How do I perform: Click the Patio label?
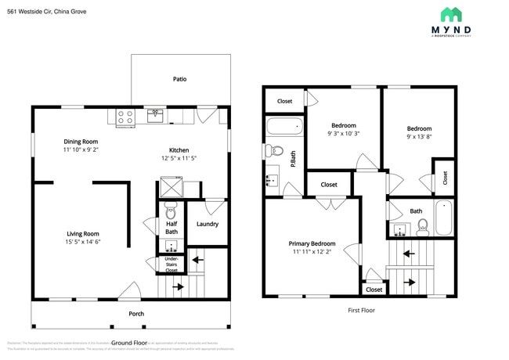click(179, 79)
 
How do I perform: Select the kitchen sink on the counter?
click(155, 117)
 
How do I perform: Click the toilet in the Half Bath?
click(171, 211)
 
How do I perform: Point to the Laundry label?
click(208, 225)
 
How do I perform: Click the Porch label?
click(136, 314)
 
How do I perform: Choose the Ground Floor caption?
click(129, 343)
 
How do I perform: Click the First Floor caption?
click(361, 310)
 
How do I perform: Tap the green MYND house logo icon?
click(450, 14)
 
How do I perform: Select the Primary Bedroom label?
click(312, 243)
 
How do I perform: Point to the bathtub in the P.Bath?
click(283, 126)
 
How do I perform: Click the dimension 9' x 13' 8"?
click(418, 137)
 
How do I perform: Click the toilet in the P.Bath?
click(273, 150)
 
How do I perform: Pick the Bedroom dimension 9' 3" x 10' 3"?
click(343, 134)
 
